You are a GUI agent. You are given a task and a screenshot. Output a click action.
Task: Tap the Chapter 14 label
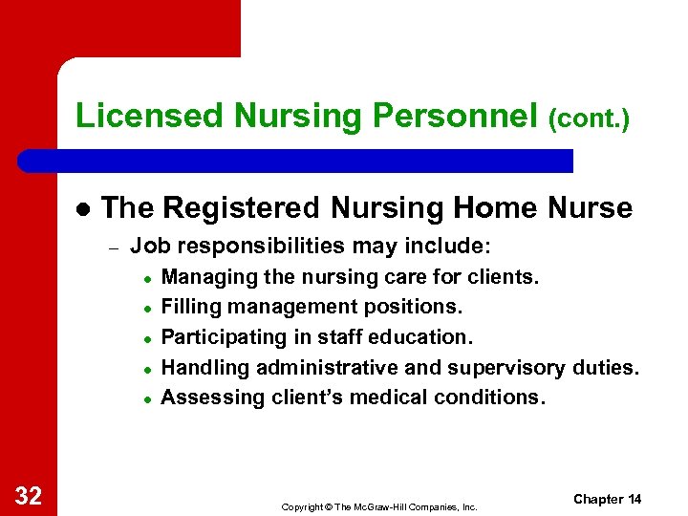[x=608, y=500]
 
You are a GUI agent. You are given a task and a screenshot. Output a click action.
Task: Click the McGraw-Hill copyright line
[x=378, y=506]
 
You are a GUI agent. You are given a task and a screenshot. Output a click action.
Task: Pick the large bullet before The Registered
[x=82, y=208]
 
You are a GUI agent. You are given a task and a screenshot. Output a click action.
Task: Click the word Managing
[x=203, y=277]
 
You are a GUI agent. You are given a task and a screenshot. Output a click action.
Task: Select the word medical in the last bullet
[x=383, y=397]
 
